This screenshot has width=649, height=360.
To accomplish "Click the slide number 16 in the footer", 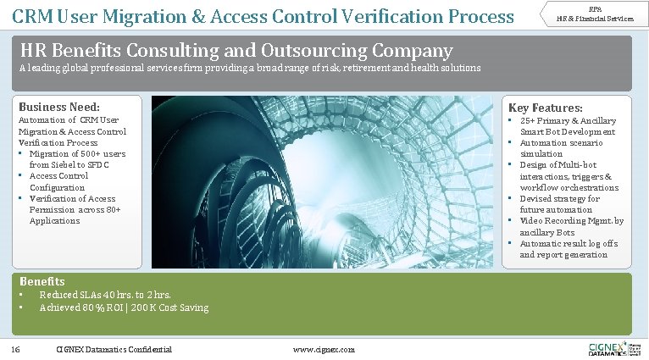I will pos(15,349).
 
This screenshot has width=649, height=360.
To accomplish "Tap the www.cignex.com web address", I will pos(324,349).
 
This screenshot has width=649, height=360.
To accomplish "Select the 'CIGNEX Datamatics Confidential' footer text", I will pos(114,349).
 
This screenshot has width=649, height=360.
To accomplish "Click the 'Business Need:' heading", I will pos(59,108).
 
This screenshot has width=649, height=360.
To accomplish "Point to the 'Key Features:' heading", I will pos(545,108).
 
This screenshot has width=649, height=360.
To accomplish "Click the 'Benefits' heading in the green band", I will pos(42,281).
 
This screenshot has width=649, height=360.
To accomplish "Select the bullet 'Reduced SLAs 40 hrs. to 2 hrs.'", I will pos(105,295).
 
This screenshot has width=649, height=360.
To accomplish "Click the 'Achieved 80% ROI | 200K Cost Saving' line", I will pos(124,307).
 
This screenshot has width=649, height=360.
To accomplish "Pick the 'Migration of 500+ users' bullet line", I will pos(77,154).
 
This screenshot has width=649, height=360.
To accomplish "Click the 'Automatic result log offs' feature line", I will pos(569,243).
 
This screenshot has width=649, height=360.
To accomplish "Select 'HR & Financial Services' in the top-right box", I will pos(595,19).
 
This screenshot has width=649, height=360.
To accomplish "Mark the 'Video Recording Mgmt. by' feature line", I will pos(571,220).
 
